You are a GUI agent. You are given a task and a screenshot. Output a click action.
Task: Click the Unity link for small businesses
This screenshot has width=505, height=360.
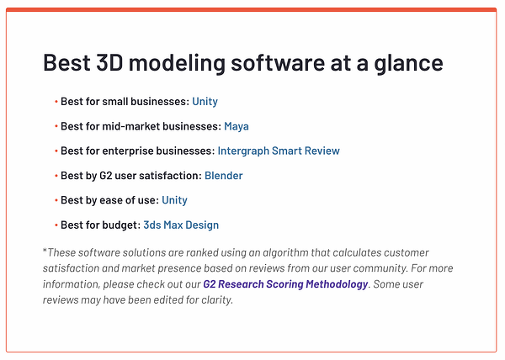point(205,102)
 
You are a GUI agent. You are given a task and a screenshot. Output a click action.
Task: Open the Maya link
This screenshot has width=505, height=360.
point(237,126)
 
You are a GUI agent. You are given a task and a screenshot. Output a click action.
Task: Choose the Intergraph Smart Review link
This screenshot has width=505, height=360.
point(279,151)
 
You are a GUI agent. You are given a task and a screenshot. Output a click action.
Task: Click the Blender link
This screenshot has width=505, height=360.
point(224,176)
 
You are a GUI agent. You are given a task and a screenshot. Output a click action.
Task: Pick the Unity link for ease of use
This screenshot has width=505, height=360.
point(175,200)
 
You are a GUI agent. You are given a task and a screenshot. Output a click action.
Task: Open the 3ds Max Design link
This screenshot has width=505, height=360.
point(181,225)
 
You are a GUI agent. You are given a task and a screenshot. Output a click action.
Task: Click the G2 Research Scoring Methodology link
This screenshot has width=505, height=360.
point(285,284)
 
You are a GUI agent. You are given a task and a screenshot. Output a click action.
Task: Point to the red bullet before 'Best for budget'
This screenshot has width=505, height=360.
point(56,225)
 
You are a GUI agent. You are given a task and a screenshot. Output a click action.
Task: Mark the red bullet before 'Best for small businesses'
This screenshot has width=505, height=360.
point(56,103)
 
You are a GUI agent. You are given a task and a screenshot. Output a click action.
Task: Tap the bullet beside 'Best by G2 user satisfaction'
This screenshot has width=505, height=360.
point(56,177)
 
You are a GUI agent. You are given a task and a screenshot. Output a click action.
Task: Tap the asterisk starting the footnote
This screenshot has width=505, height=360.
point(45,251)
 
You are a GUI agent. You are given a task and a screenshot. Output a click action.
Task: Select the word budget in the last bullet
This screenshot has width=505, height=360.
point(120,225)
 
